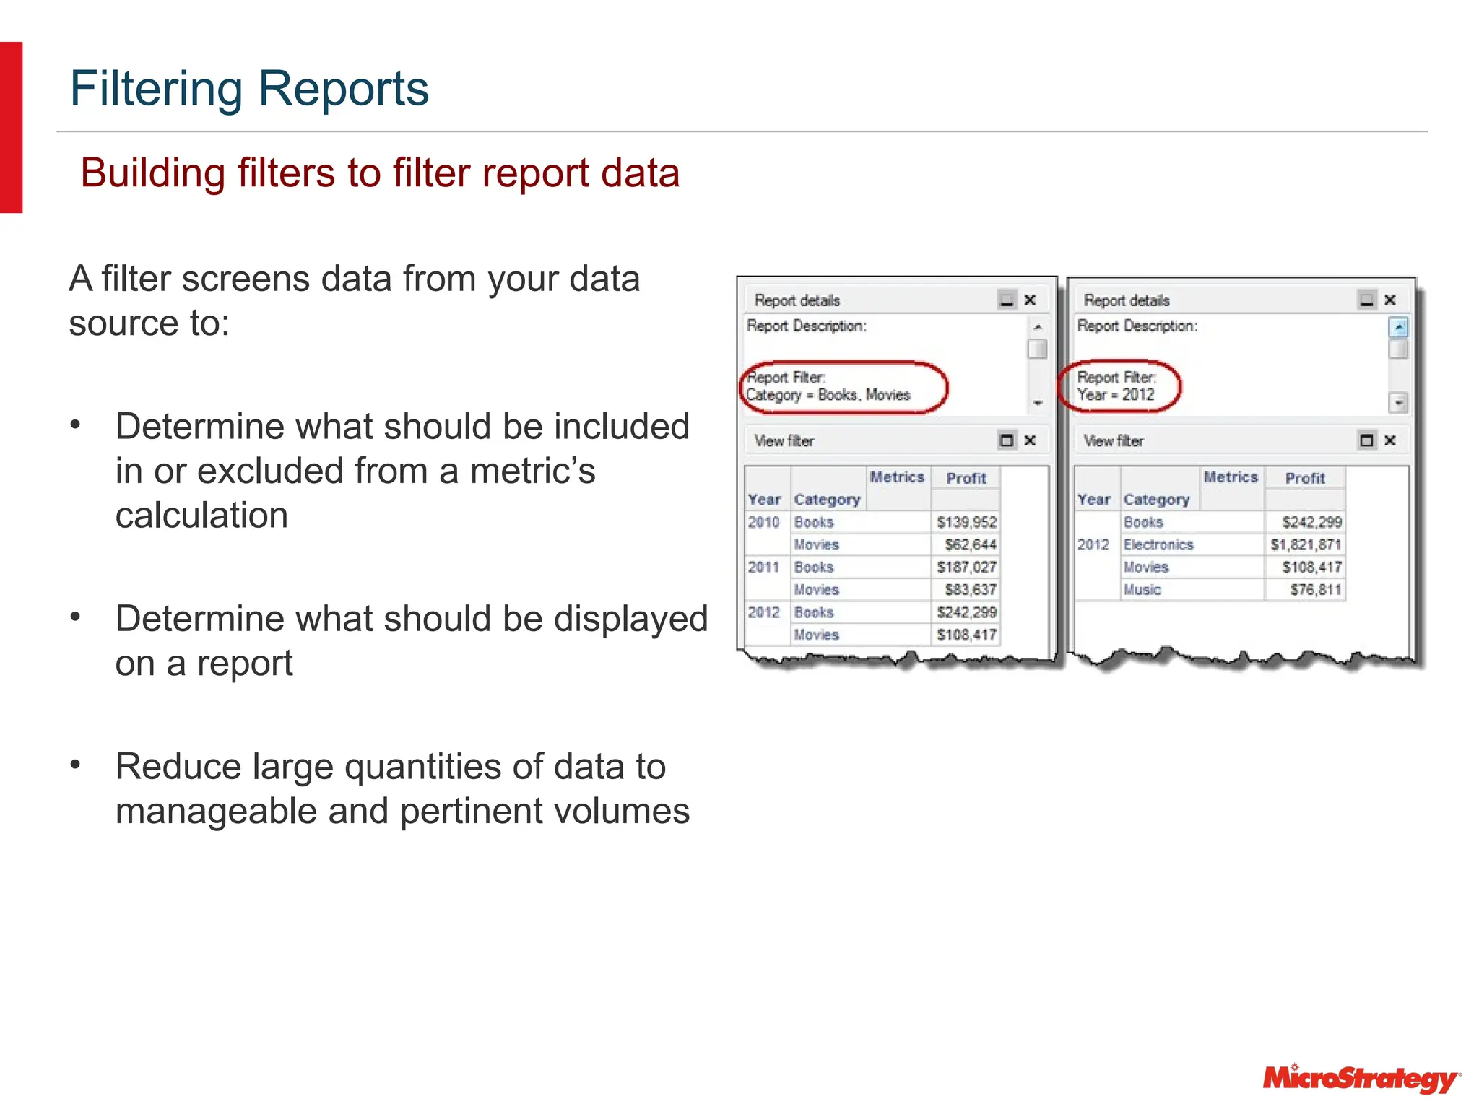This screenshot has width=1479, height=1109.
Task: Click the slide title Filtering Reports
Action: pyautogui.click(x=249, y=89)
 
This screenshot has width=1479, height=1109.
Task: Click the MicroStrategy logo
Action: pyautogui.click(x=1361, y=1078)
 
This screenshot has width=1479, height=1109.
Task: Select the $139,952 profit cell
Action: pyautogui.click(x=966, y=522)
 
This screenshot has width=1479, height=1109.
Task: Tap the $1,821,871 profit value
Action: pyautogui.click(x=1306, y=545)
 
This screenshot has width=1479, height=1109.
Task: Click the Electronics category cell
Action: pyautogui.click(x=1158, y=545)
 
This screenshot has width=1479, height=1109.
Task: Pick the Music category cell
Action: pyautogui.click(x=1142, y=590)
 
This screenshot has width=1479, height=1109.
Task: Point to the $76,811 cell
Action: pyautogui.click(x=1315, y=590)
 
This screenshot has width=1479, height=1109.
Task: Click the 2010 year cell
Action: pyautogui.click(x=763, y=522)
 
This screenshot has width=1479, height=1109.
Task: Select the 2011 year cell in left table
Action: pyautogui.click(x=763, y=567)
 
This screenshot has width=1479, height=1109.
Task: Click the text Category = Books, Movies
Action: pyautogui.click(x=828, y=395)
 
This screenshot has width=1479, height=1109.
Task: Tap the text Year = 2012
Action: pyautogui.click(x=1116, y=395)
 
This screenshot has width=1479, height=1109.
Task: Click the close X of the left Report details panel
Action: pyautogui.click(x=1031, y=300)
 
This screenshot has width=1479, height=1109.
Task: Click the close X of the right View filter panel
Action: pyautogui.click(x=1389, y=440)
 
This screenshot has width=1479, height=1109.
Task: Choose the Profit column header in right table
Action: pyautogui.click(x=1305, y=478)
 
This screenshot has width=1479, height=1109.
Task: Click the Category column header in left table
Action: pyautogui.click(x=827, y=500)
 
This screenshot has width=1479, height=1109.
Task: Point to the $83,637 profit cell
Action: pyautogui.click(x=970, y=590)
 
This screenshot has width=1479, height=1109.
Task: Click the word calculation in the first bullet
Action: pyautogui.click(x=201, y=516)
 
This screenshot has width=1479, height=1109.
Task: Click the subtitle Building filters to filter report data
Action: pyautogui.click(x=380, y=173)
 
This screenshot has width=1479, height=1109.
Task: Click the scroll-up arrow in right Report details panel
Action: pyautogui.click(x=1398, y=328)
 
